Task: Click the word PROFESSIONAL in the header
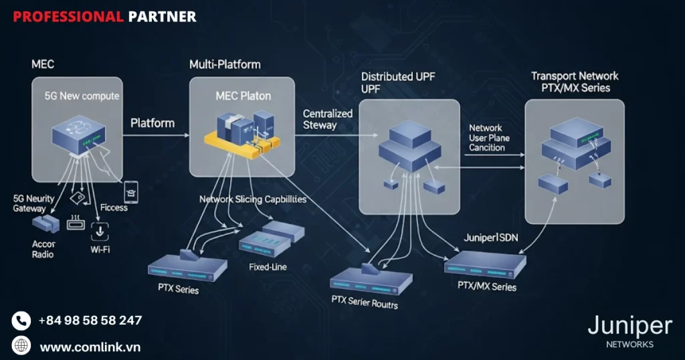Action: (x=68, y=16)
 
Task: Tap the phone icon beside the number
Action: (x=21, y=321)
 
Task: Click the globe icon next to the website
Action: (x=21, y=346)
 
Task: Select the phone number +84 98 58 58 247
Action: (x=90, y=321)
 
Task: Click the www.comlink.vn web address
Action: (x=90, y=347)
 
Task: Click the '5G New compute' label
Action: (x=82, y=96)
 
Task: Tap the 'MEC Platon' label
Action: (x=243, y=96)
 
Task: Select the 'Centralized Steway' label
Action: (x=328, y=119)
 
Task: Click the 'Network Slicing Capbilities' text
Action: (x=252, y=199)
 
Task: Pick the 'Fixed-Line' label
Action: (x=268, y=267)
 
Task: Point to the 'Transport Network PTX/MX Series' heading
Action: (x=574, y=82)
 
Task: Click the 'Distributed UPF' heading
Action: (x=397, y=77)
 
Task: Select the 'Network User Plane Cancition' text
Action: (x=489, y=137)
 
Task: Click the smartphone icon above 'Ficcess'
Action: (x=131, y=191)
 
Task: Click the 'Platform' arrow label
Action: (x=152, y=123)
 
